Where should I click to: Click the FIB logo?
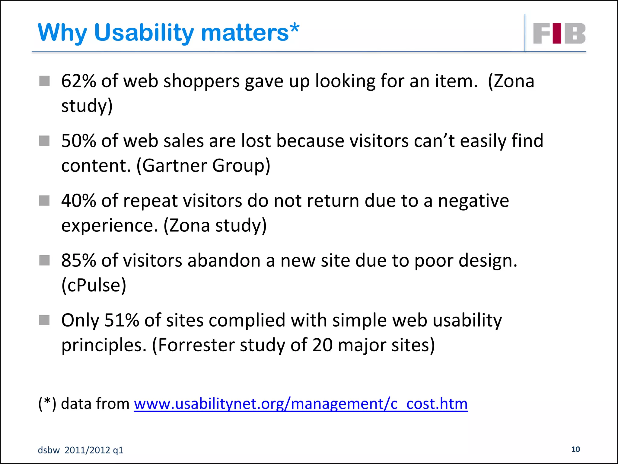coord(559,33)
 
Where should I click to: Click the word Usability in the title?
coord(144,33)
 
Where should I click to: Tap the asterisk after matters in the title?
coord(295,28)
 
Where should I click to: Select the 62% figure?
coord(78,81)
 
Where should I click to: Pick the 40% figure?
coord(78,201)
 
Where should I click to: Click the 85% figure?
coord(78,260)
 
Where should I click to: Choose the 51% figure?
coord(121,320)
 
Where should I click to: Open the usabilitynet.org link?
coord(301,404)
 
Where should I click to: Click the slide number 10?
coord(575,449)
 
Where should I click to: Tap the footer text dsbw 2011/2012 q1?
coord(81,450)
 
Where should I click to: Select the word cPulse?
coord(94,285)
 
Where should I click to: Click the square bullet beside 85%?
coord(44,260)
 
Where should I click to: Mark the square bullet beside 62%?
coord(44,81)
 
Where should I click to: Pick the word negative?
coord(473,201)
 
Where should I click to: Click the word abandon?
coord(224,260)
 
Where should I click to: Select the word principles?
coord(103,346)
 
